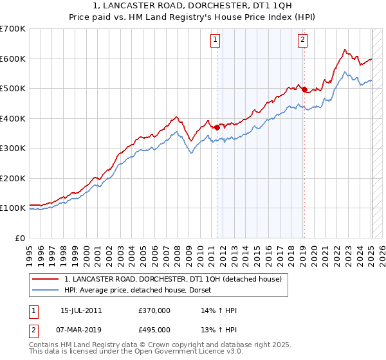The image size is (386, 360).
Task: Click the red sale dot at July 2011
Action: pyautogui.click(x=217, y=127)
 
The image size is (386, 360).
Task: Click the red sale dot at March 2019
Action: pyautogui.click(x=304, y=90)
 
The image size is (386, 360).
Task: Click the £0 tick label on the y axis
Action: pyautogui.click(x=21, y=238)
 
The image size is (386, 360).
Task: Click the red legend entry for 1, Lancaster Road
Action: pyautogui.click(x=172, y=280)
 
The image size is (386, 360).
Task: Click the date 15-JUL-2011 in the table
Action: pyautogui.click(x=81, y=310)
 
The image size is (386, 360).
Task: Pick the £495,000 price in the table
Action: pyautogui.click(x=154, y=330)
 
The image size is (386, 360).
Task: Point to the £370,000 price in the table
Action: pyautogui.click(x=154, y=310)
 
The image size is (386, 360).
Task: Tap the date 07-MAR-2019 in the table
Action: pyautogui.click(x=81, y=330)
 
